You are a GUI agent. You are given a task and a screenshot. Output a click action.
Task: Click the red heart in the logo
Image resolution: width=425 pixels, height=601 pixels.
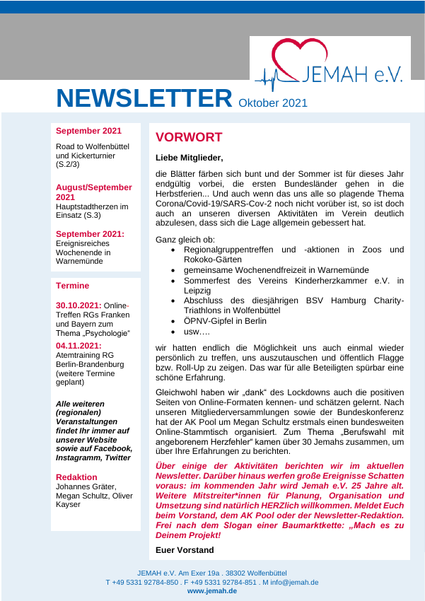[294, 57]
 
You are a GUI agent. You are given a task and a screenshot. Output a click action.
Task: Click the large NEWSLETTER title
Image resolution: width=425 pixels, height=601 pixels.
[144, 98]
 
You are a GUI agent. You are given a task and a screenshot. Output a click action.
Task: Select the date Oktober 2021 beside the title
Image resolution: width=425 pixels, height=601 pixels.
[273, 103]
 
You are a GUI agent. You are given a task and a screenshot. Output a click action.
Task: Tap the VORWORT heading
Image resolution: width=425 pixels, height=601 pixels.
[189, 137]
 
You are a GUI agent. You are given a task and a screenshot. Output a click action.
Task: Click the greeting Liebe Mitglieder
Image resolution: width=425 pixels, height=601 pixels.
[189, 158]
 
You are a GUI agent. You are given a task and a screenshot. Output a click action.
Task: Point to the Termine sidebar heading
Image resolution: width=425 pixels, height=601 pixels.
[73, 286]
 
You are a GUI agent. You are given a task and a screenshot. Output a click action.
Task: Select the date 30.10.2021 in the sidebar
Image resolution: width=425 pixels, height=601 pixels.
[78, 305]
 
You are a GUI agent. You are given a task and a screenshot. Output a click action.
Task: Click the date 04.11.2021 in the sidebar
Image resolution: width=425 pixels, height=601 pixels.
[78, 346]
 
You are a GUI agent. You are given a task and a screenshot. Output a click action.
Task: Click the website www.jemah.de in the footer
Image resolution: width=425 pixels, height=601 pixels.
[212, 591]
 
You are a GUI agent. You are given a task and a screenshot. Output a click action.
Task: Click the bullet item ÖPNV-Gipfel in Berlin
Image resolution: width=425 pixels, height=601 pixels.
[225, 320]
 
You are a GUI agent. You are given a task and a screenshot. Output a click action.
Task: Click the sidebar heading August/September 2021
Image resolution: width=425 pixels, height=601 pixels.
[93, 192]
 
